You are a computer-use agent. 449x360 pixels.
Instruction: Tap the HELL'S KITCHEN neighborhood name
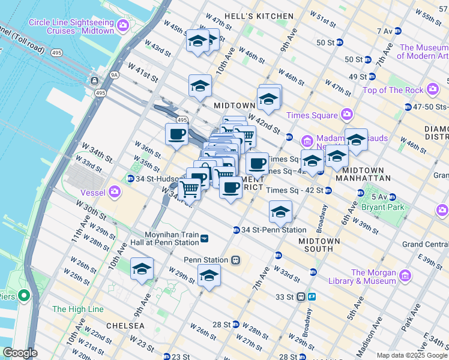[x=259, y=16]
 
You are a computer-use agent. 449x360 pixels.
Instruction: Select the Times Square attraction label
[x=310, y=115]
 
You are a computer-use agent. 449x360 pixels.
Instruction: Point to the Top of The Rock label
[x=393, y=90]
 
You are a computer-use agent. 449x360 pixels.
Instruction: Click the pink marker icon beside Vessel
[x=114, y=193]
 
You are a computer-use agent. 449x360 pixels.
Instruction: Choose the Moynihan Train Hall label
[x=172, y=239]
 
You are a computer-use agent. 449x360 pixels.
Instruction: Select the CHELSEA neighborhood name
[x=125, y=325]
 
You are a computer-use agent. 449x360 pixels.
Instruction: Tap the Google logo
[x=20, y=353]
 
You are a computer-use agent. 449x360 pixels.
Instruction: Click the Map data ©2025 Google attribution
[x=412, y=355]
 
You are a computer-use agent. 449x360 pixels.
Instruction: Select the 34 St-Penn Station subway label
[x=273, y=230]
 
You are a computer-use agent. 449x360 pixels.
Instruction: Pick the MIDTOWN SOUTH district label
[x=320, y=244]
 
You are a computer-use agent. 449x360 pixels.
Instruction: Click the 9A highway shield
[x=113, y=74]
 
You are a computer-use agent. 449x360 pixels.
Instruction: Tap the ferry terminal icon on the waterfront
[x=94, y=80]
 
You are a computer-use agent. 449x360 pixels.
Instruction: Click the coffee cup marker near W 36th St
[x=176, y=134]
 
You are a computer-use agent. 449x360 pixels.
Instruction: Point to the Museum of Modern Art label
[x=424, y=52]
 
